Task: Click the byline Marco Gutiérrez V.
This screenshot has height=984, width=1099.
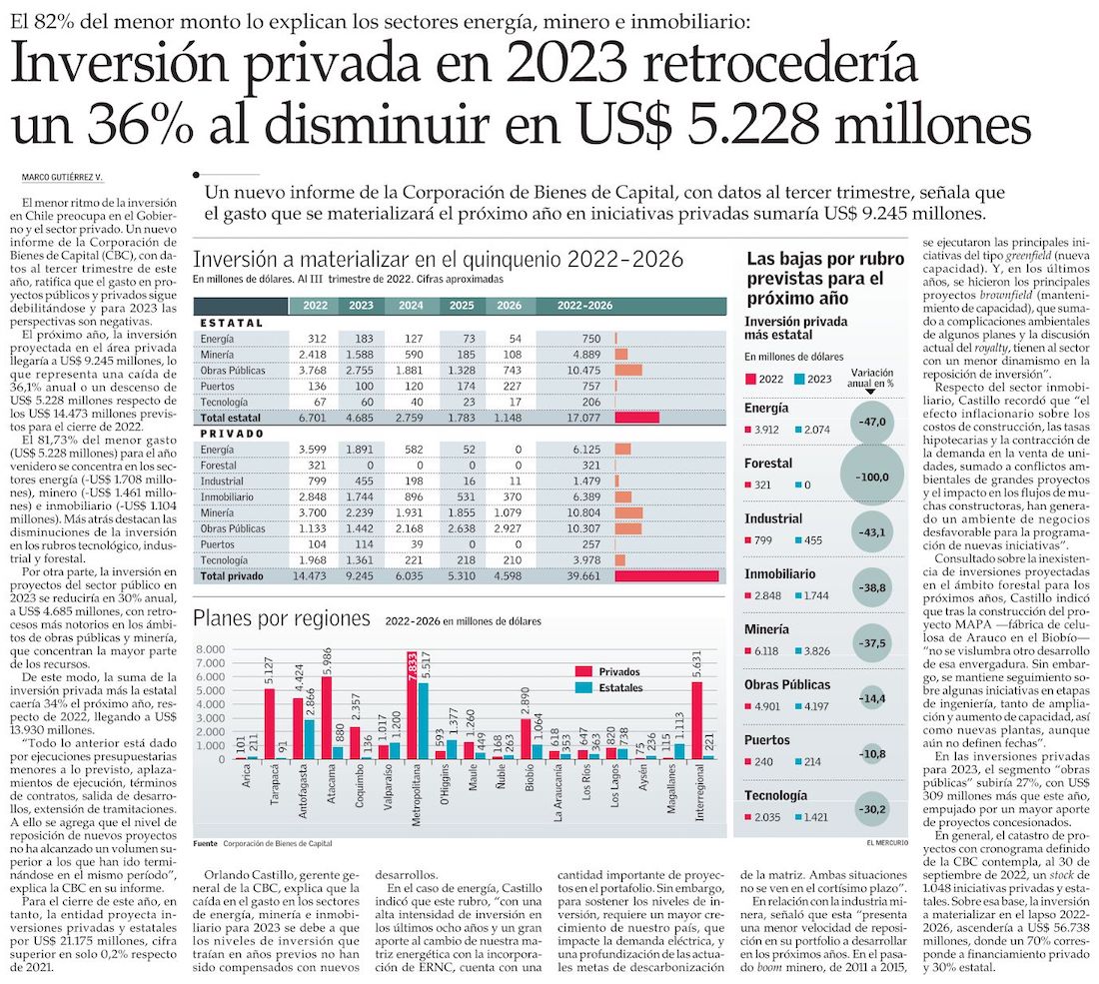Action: (62, 178)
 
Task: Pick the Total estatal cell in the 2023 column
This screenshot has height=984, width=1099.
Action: (361, 417)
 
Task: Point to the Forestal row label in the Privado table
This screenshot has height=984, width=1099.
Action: (219, 465)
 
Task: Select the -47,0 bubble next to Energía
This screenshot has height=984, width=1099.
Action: (871, 422)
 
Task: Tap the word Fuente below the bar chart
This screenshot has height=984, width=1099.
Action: (205, 843)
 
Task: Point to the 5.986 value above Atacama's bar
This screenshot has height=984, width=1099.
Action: (327, 660)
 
